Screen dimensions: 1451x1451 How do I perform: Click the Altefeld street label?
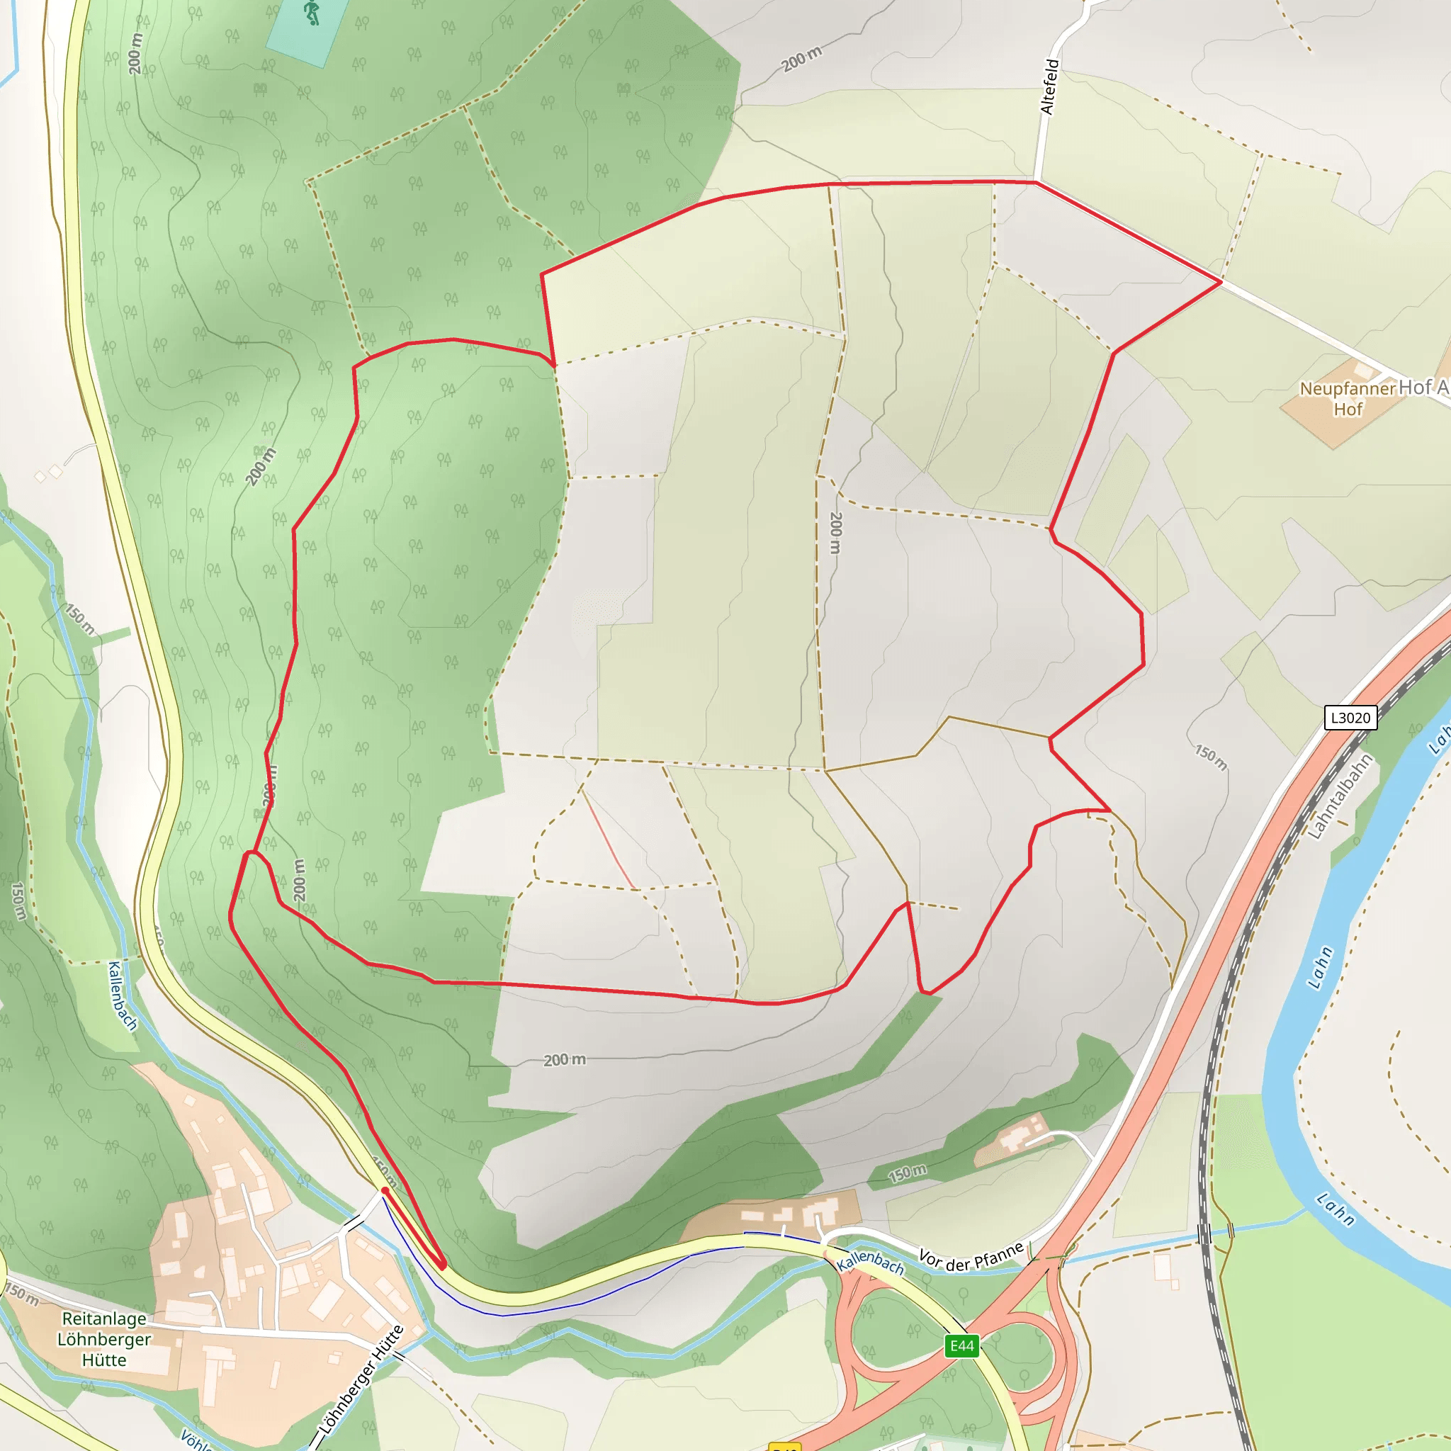click(x=1049, y=86)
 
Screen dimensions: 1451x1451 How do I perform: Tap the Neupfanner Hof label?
click(x=1348, y=399)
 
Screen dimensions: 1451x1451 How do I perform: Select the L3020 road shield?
click(x=1350, y=717)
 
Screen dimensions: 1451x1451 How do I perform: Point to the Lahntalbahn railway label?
click(x=1340, y=796)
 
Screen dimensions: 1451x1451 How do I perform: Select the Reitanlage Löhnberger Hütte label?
click(x=104, y=1339)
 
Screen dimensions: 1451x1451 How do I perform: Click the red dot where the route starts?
click(x=385, y=1190)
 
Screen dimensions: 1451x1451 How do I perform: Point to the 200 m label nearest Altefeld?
click(x=801, y=59)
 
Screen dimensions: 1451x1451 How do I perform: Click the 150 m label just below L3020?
click(x=1211, y=758)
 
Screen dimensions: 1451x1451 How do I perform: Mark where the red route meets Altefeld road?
click(x=1037, y=182)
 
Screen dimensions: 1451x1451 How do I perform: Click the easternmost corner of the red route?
click(x=1221, y=282)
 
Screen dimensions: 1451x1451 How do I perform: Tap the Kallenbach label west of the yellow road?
click(x=123, y=996)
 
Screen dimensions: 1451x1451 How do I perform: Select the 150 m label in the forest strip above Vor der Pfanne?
click(x=908, y=1173)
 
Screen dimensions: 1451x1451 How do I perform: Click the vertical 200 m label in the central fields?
click(x=836, y=533)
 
